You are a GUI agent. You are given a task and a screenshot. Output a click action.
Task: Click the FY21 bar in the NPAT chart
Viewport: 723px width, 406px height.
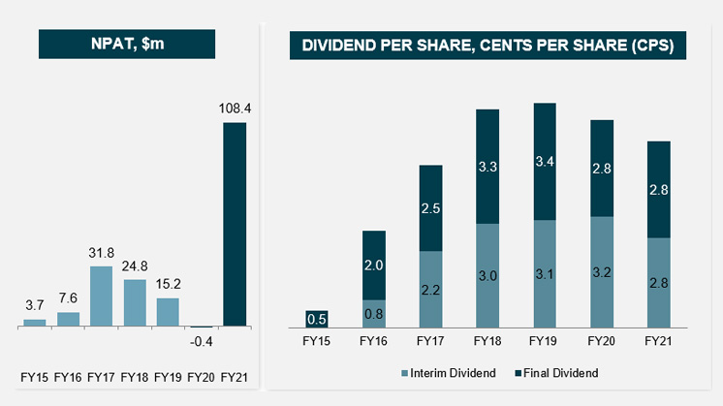coord(235,224)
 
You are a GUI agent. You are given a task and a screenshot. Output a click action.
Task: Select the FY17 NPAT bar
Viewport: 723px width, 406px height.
coord(102,297)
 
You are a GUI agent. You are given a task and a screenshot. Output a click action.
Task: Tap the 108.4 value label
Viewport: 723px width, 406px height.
coord(235,109)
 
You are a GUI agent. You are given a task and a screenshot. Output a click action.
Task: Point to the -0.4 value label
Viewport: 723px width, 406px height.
coord(203,341)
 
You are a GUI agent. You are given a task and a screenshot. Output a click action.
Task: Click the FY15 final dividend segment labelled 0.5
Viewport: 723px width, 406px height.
coord(317,318)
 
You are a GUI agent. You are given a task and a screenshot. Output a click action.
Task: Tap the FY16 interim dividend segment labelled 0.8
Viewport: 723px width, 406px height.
coord(374,313)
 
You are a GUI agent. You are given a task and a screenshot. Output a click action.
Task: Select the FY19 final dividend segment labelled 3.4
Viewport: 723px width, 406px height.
coord(545,162)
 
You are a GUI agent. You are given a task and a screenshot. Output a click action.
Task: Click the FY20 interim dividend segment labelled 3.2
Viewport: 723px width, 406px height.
coord(602,271)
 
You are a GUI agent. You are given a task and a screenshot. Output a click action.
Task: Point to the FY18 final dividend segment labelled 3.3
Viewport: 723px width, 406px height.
coord(487,167)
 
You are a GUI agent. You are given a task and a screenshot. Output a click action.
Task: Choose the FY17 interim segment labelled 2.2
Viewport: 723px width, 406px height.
coord(430,289)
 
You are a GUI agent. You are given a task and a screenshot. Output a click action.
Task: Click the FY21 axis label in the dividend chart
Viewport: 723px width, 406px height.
coord(658,341)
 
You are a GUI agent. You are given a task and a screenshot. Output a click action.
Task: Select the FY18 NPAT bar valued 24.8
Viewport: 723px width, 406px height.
coord(135,303)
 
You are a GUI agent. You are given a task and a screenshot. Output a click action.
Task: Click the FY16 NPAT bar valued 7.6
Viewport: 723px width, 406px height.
coord(68,319)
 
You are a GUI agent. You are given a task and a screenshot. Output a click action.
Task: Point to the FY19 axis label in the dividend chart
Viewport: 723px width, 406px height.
coord(545,341)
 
